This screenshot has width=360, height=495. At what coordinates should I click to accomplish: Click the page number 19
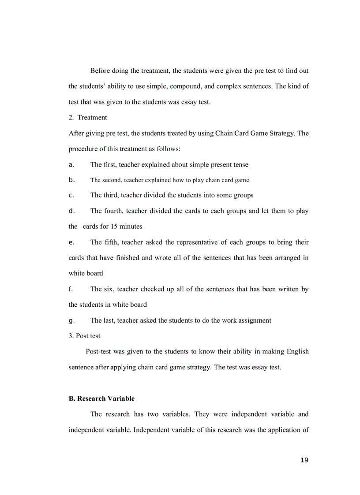(304, 460)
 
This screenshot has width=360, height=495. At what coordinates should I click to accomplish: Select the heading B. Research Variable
(101, 398)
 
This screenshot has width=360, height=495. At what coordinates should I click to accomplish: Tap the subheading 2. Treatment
(88, 117)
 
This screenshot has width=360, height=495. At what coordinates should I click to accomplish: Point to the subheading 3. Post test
(84, 336)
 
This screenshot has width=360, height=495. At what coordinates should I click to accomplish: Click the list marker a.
(71, 165)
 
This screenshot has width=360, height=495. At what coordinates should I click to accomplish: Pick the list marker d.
(71, 211)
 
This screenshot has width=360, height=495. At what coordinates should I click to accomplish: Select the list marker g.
(71, 320)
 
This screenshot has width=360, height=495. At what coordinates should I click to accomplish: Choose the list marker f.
(71, 289)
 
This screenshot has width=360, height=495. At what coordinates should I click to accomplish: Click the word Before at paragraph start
(101, 71)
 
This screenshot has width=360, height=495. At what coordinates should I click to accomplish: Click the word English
(297, 352)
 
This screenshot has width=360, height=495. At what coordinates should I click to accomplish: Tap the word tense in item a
(240, 165)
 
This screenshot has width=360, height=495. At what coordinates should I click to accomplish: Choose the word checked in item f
(153, 289)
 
